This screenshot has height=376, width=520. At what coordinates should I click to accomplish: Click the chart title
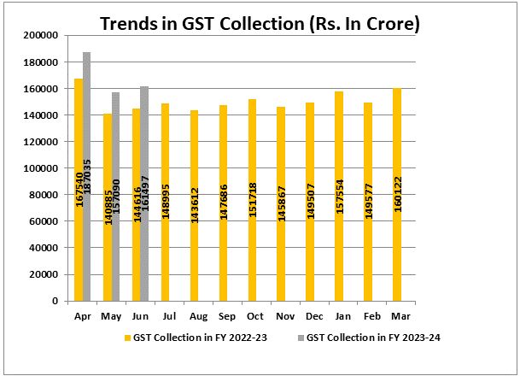pyautogui.click(x=260, y=24)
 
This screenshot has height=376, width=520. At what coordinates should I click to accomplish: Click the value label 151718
pyautogui.click(x=253, y=198)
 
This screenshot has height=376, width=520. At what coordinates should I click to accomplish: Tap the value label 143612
pyautogui.click(x=195, y=198)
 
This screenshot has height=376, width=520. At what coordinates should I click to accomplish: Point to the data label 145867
pyautogui.click(x=282, y=198)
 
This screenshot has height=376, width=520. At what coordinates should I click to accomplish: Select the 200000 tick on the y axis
pyautogui.click(x=42, y=36)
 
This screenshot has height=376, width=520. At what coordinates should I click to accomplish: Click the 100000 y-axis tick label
pyautogui.click(x=42, y=168)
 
